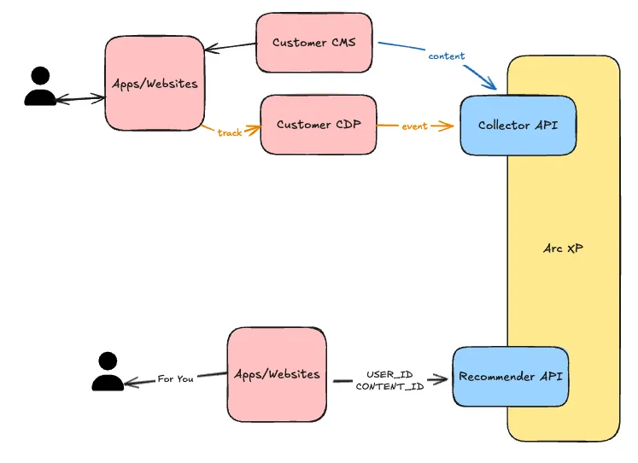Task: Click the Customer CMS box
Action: (313, 42)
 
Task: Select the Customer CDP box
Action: (318, 125)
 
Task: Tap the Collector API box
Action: (518, 126)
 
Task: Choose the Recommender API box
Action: (510, 377)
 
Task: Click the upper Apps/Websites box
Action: (155, 84)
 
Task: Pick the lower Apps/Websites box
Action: (277, 374)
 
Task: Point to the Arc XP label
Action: (563, 249)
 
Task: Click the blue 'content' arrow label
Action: (446, 56)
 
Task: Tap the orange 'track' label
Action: (229, 132)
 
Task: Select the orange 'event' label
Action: (414, 126)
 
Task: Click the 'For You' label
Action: (175, 378)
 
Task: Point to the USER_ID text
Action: (389, 374)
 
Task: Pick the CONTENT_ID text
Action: (389, 386)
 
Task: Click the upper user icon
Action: (39, 86)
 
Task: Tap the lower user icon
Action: (107, 372)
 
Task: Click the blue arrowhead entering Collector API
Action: (490, 85)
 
